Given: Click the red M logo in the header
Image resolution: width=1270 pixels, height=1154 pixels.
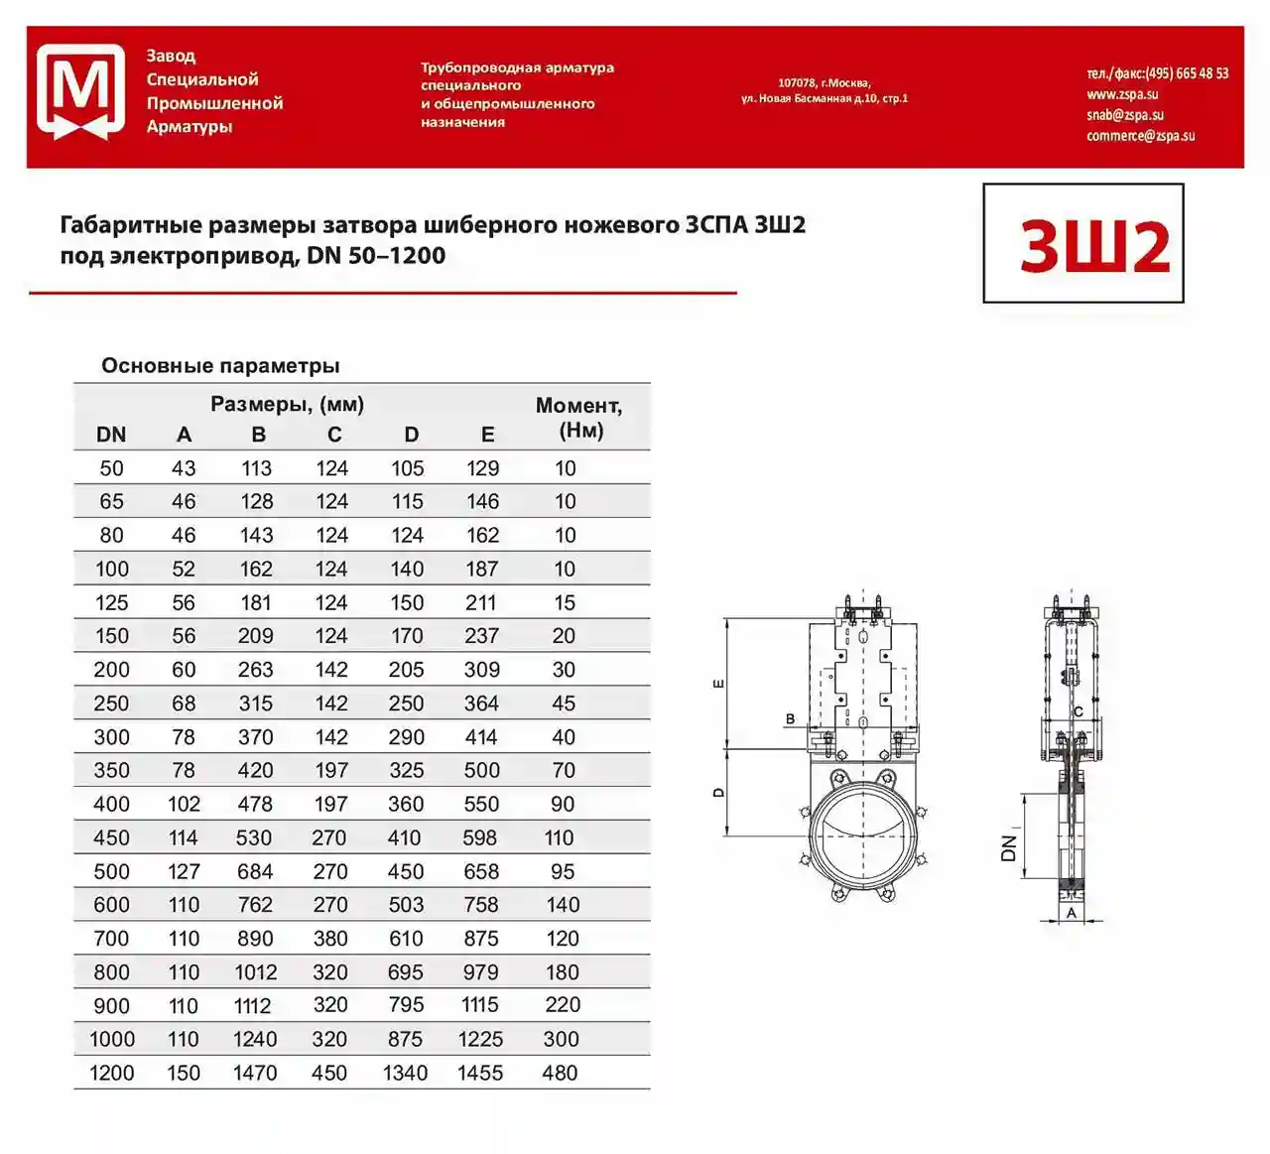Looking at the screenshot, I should pyautogui.click(x=80, y=91).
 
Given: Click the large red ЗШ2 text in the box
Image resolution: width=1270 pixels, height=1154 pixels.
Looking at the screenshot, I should pyautogui.click(x=1094, y=246).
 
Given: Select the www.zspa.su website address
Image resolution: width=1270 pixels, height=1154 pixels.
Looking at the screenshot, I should pyautogui.click(x=1121, y=94).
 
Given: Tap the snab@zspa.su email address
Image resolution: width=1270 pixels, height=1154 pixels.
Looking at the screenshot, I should pyautogui.click(x=1124, y=115).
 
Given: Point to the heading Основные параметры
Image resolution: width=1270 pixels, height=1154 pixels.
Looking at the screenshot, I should pyautogui.click(x=220, y=365).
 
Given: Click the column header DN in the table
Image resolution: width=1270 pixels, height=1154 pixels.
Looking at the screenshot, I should pyautogui.click(x=111, y=435).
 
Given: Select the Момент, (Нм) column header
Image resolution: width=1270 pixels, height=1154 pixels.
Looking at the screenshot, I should pyautogui.click(x=579, y=418).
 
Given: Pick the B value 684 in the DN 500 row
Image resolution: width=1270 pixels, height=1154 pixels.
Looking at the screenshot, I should pyautogui.click(x=255, y=871).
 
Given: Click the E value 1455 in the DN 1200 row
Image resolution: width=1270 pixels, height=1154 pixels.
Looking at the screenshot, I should pyautogui.click(x=480, y=1073).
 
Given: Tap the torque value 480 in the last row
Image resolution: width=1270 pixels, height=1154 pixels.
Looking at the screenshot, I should pyautogui.click(x=560, y=1073).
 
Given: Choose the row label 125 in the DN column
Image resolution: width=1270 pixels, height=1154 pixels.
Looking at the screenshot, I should pyautogui.click(x=111, y=602).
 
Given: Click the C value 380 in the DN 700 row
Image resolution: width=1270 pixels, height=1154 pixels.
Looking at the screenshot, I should pyautogui.click(x=330, y=939).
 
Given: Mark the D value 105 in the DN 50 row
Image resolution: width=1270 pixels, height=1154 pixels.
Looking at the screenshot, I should pyautogui.click(x=407, y=468).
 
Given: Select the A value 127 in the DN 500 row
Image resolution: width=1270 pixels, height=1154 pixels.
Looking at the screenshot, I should pyautogui.click(x=184, y=871).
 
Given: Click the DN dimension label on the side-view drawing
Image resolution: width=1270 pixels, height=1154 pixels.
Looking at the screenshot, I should pyautogui.click(x=1010, y=847).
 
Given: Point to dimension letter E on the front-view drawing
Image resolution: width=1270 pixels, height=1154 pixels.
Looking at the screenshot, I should pyautogui.click(x=719, y=684).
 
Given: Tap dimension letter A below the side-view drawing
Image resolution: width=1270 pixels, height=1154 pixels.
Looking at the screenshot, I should pyautogui.click(x=1072, y=913).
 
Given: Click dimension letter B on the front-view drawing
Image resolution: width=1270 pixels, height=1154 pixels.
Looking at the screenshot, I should pyautogui.click(x=791, y=718).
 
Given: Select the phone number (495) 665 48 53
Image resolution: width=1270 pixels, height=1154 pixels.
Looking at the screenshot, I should pyautogui.click(x=1187, y=73).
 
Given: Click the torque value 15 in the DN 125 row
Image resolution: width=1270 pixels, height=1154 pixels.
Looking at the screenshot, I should pyautogui.click(x=565, y=602).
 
